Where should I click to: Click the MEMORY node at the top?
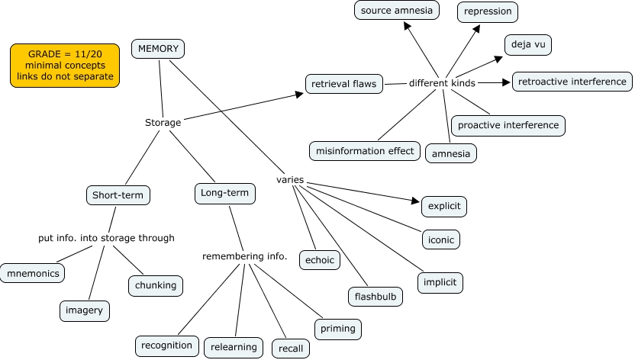coord(158,49)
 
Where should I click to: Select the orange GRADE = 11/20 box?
coord(65,66)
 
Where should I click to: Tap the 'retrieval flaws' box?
coord(343,84)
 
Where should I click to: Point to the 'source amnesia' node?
coord(396,11)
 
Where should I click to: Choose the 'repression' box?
coord(488,12)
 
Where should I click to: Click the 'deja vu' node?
coord(527,45)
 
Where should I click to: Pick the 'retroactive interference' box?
coord(572,81)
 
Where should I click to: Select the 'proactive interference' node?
coord(508,125)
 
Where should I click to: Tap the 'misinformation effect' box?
coord(365,151)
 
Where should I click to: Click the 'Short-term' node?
coord(118,195)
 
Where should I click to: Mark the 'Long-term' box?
coord(224,194)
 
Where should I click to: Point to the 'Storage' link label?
coord(163,122)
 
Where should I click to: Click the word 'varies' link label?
coord(290,180)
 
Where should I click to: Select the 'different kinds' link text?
coord(442,82)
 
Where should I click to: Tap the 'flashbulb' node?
coord(376,296)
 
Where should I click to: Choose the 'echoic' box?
coord(319,260)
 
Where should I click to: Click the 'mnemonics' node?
coord(31,272)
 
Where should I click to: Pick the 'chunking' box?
coord(156,286)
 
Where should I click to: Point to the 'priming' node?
coord(337,329)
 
